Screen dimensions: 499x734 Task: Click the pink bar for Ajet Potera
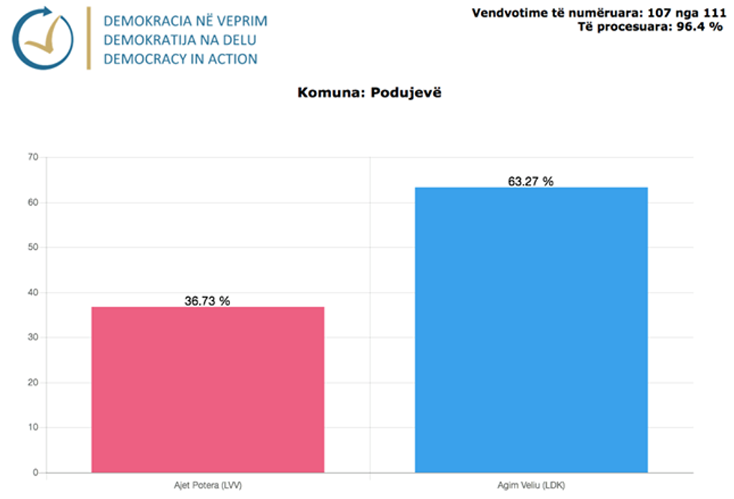click(x=207, y=389)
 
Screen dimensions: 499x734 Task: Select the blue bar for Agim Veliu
click(x=531, y=329)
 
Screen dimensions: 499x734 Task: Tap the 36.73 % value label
click(x=207, y=301)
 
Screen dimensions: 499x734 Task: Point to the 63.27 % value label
click(x=531, y=181)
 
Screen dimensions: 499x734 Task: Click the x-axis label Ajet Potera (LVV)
click(x=207, y=486)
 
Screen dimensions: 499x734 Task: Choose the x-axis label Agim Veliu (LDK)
click(x=531, y=486)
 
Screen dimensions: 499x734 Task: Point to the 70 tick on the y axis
click(x=32, y=157)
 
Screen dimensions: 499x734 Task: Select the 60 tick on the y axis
click(x=32, y=203)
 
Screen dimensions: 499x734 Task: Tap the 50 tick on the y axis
click(x=32, y=248)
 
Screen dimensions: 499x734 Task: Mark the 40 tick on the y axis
click(x=32, y=293)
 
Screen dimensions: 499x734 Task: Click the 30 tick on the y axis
click(x=32, y=337)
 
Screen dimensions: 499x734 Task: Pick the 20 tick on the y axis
click(x=32, y=383)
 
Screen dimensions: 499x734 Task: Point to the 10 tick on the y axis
click(x=32, y=428)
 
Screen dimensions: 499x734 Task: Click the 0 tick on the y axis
click(x=34, y=473)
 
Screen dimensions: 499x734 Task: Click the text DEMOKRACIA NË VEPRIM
click(x=186, y=20)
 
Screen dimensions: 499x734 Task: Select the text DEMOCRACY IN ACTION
click(x=181, y=58)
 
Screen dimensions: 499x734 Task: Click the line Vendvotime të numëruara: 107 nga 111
click(x=597, y=13)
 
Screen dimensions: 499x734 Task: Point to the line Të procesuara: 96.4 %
click(x=650, y=27)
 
